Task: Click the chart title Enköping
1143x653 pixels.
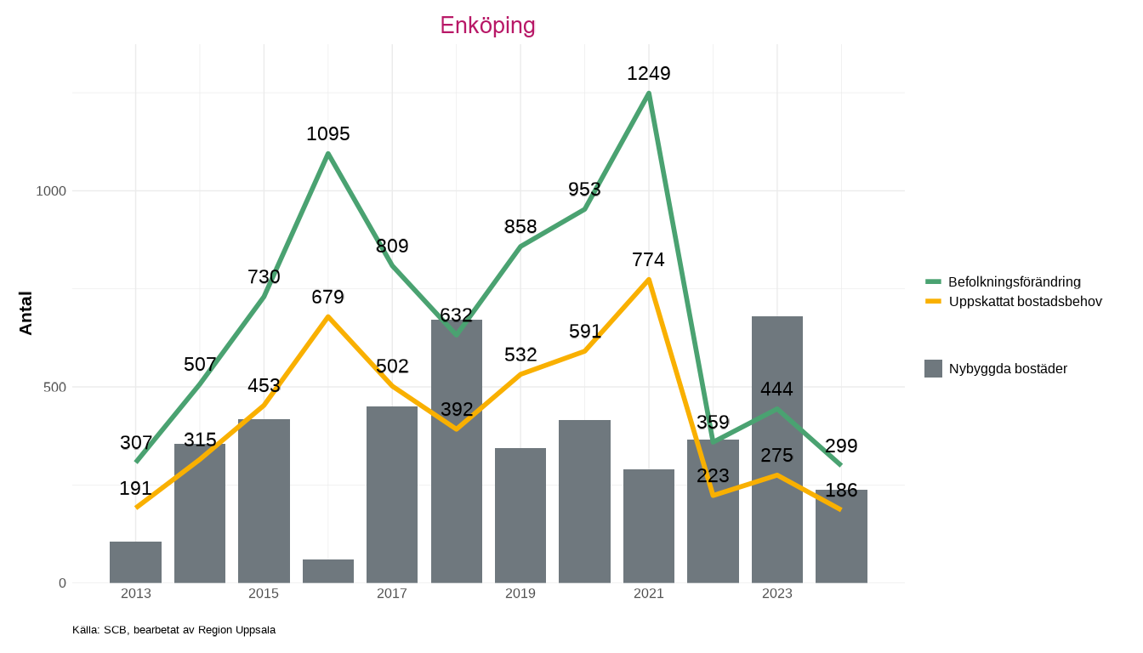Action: [x=487, y=26]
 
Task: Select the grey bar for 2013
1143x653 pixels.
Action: [x=135, y=562]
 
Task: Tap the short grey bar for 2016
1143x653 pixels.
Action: [x=328, y=571]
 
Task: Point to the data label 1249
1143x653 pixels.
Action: [x=649, y=74]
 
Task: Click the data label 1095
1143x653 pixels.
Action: [x=328, y=134]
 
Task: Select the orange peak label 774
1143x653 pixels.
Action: [x=649, y=260]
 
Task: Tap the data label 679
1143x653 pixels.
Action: [x=328, y=298]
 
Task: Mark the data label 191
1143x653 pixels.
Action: [x=135, y=489]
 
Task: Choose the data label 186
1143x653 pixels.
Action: [x=841, y=491]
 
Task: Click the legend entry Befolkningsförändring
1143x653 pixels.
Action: [x=1014, y=281]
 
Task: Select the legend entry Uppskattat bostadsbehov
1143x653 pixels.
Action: [x=1025, y=302]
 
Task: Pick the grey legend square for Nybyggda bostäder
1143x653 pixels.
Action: [x=933, y=368]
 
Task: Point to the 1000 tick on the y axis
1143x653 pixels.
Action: [x=51, y=191]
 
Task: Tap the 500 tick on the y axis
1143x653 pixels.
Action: [x=55, y=388]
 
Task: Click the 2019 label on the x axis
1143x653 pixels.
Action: [x=520, y=593]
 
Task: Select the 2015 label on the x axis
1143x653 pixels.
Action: [x=264, y=593]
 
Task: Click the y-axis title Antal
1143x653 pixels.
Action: [x=26, y=313]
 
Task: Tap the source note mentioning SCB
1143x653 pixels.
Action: [x=173, y=630]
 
